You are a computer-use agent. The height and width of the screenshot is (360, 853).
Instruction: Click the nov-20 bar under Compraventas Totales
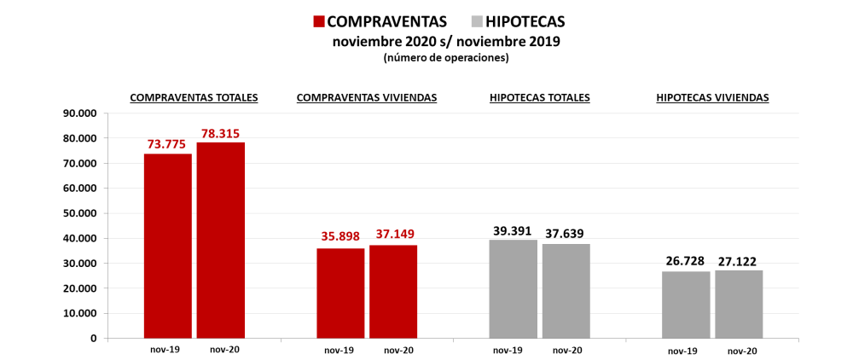220,241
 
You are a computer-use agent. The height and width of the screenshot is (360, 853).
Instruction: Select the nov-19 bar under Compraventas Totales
167,246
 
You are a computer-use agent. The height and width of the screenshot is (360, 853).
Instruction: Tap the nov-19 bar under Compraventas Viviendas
339,293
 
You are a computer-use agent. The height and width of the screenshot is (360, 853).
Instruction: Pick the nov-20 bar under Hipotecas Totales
566,291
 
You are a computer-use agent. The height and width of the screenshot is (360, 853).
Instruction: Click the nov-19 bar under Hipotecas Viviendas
686,305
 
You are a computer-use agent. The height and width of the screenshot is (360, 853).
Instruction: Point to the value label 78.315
223,134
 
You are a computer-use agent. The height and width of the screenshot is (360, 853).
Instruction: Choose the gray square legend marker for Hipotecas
476,21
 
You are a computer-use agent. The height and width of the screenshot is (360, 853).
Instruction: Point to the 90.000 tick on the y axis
80,113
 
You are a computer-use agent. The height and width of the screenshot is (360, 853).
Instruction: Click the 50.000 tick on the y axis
80,213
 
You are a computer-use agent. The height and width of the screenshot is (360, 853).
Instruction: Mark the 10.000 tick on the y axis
80,313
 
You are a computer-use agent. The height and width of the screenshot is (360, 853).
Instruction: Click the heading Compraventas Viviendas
367,98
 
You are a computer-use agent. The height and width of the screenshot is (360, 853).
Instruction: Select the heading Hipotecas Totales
540,98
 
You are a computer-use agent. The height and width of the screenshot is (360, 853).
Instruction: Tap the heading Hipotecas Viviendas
712,98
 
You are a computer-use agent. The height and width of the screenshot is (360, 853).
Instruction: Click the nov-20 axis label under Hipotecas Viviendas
742,351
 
